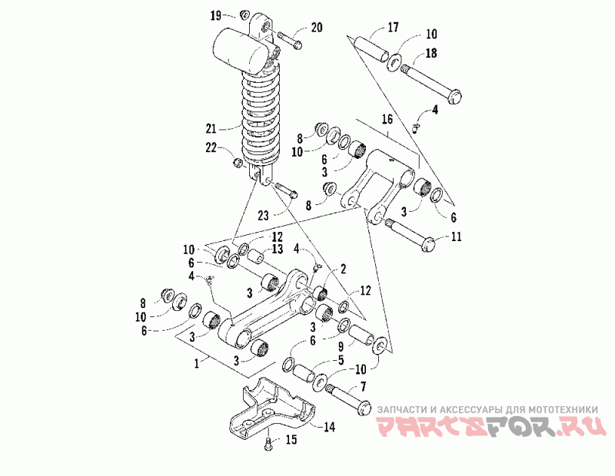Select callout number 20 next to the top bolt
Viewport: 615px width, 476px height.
[317, 28]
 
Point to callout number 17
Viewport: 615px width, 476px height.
[393, 28]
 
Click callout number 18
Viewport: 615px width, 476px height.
[430, 52]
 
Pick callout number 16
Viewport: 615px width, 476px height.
[386, 119]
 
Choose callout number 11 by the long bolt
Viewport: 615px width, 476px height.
[457, 237]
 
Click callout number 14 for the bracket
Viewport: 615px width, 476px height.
[328, 426]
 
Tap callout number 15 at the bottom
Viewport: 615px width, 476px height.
[291, 440]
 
